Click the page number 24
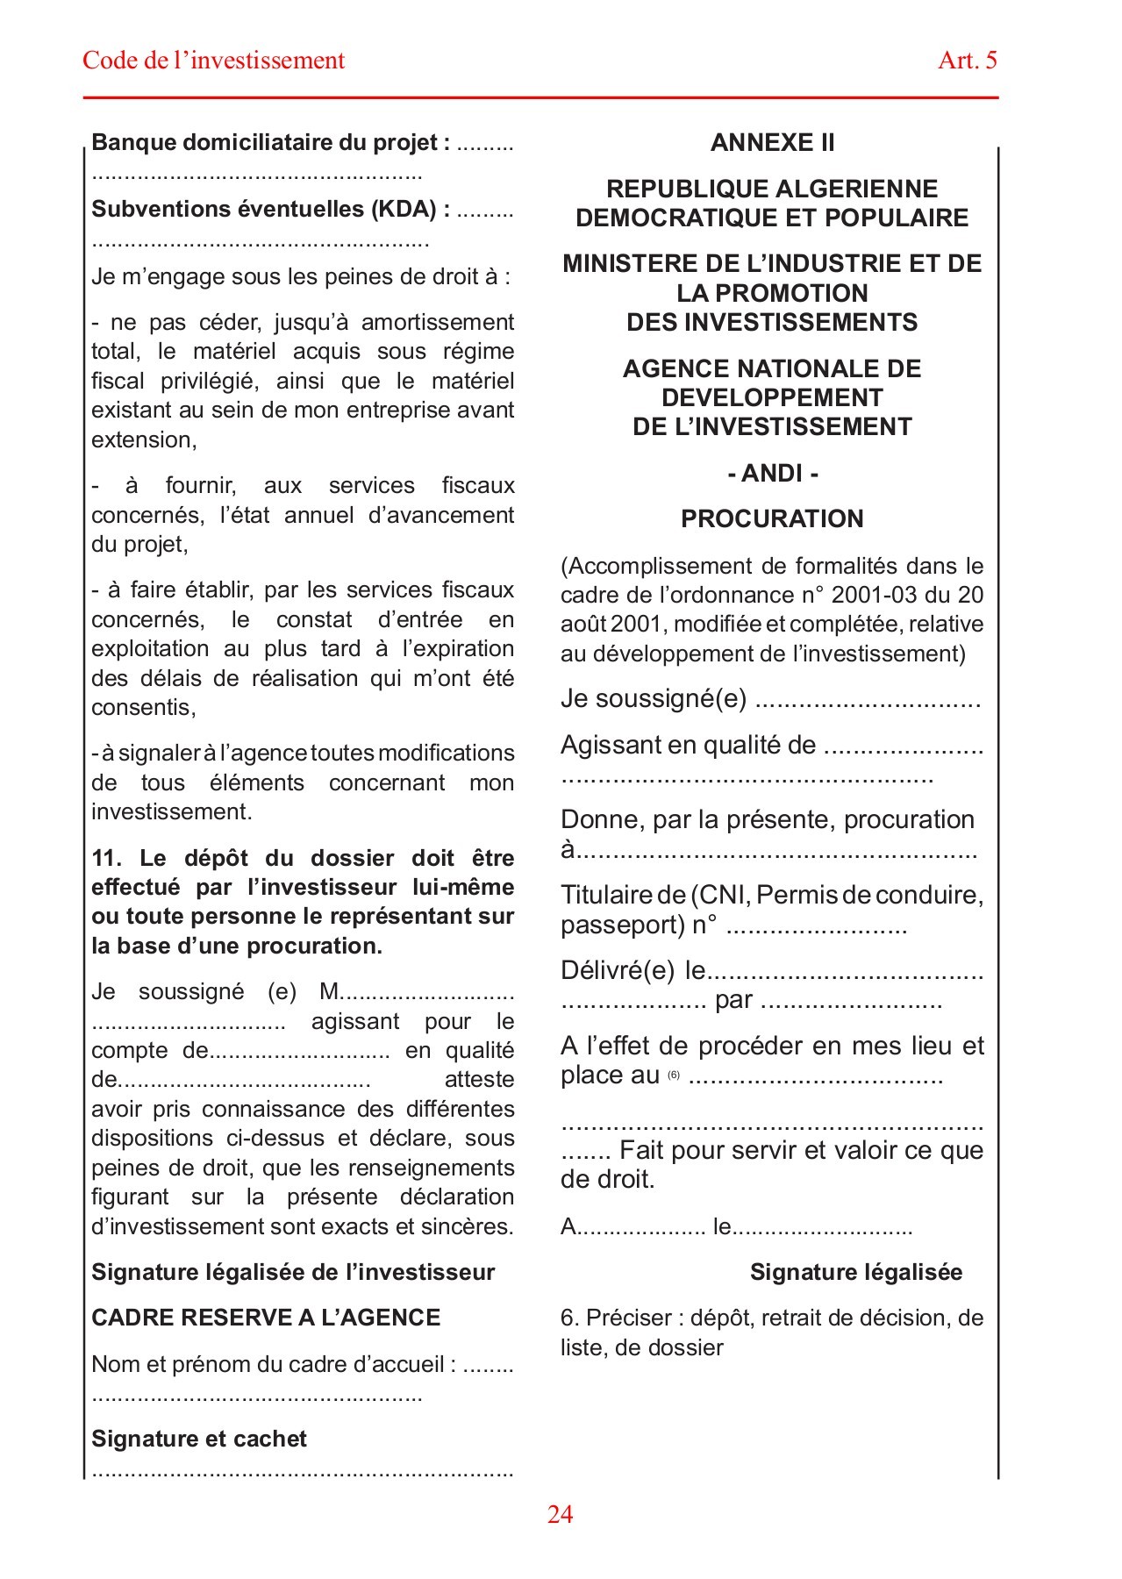point(560,1514)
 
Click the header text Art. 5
point(967,61)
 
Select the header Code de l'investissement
point(213,61)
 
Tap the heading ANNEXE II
point(772,143)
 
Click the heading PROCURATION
point(772,518)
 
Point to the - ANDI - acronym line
point(772,474)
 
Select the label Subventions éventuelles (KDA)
point(270,209)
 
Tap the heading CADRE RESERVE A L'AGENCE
point(266,1318)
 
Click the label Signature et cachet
point(199,1439)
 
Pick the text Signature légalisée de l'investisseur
point(293,1272)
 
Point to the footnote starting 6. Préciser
point(771,1332)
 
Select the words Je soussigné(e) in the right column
point(654,699)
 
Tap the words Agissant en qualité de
point(688,746)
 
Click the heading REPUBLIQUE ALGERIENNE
point(772,189)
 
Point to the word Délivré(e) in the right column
point(618,970)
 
